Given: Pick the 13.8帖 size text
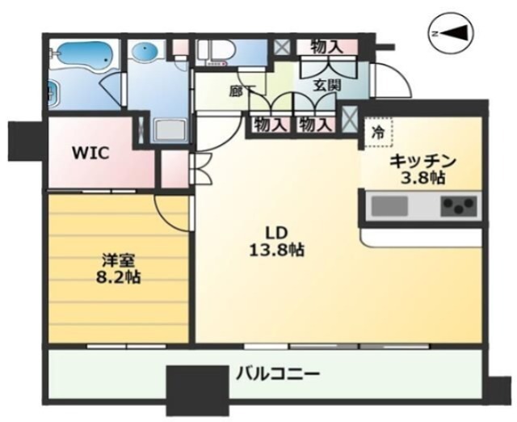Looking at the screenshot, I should tap(276, 251).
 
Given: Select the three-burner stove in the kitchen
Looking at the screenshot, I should tap(458, 206).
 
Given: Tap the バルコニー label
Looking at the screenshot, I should tap(278, 374).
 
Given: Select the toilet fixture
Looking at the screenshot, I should tap(216, 53).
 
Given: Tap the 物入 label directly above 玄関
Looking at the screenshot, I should tap(326, 48).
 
